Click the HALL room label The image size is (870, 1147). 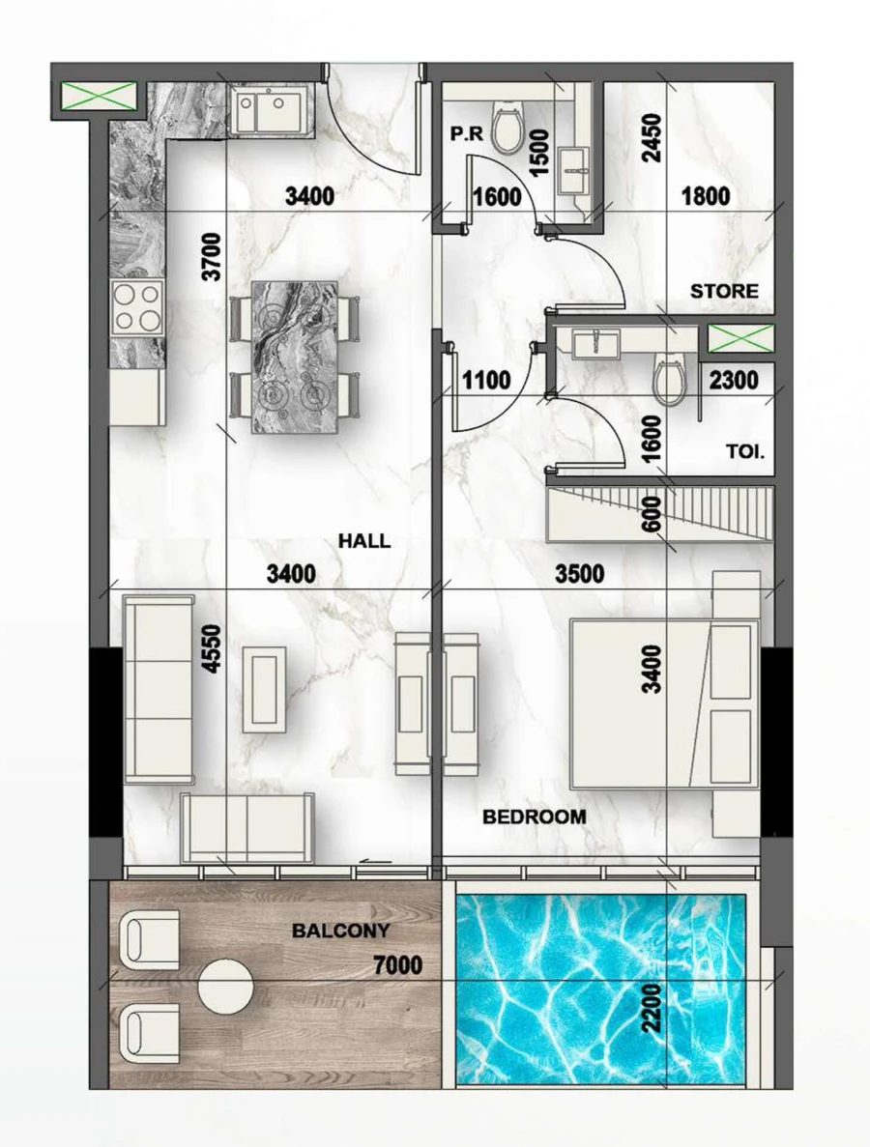point(364,540)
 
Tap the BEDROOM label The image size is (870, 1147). point(534,817)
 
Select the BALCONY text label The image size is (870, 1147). point(341,932)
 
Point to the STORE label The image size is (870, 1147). point(724,291)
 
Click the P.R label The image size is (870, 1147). point(466,135)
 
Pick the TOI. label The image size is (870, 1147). point(747,450)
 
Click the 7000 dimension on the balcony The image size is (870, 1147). point(398,965)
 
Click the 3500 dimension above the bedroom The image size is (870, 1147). point(580,575)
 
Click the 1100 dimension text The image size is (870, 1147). point(485,381)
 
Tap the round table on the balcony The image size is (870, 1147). point(225,987)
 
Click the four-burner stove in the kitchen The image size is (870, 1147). point(136,307)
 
